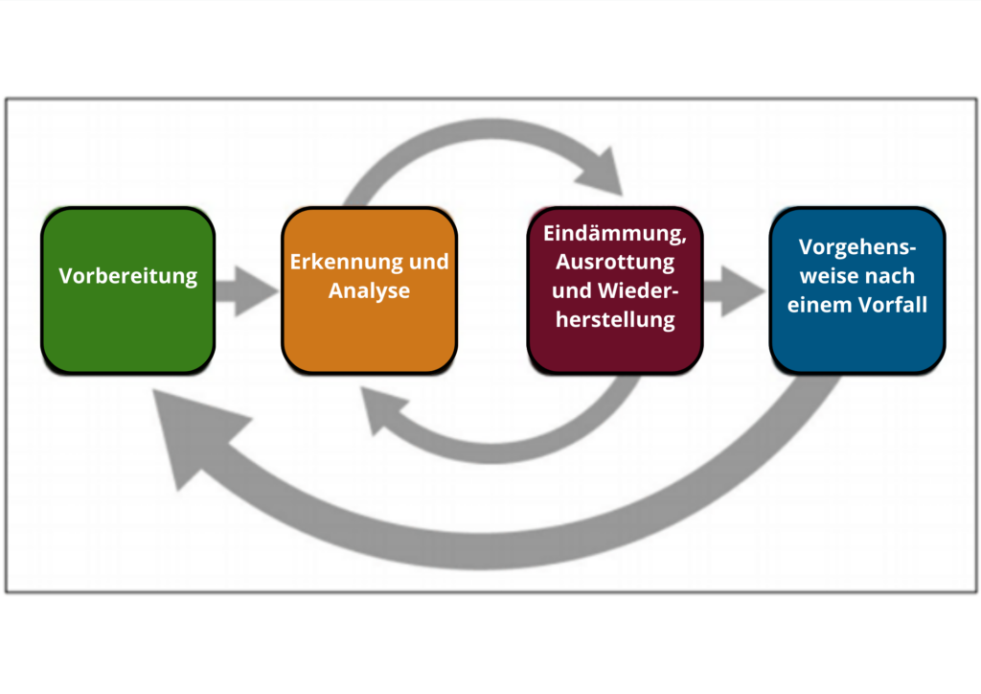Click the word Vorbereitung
[127, 276]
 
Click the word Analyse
[369, 290]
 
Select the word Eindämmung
[614, 233]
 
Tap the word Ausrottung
[615, 262]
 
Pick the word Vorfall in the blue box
[892, 305]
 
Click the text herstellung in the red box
[615, 320]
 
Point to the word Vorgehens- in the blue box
[857, 247]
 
